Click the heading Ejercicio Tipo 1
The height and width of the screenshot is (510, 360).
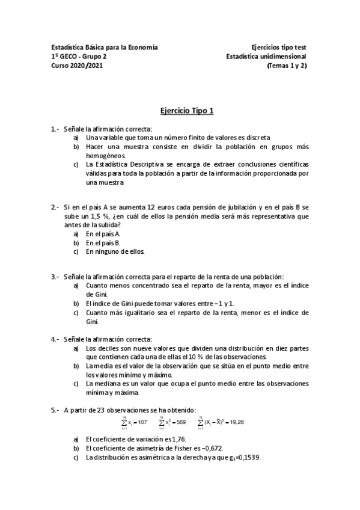point(180,111)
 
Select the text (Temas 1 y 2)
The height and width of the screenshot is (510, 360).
point(287,66)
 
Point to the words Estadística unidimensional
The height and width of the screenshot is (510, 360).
point(267,57)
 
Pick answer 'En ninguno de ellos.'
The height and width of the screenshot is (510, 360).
point(115,251)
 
